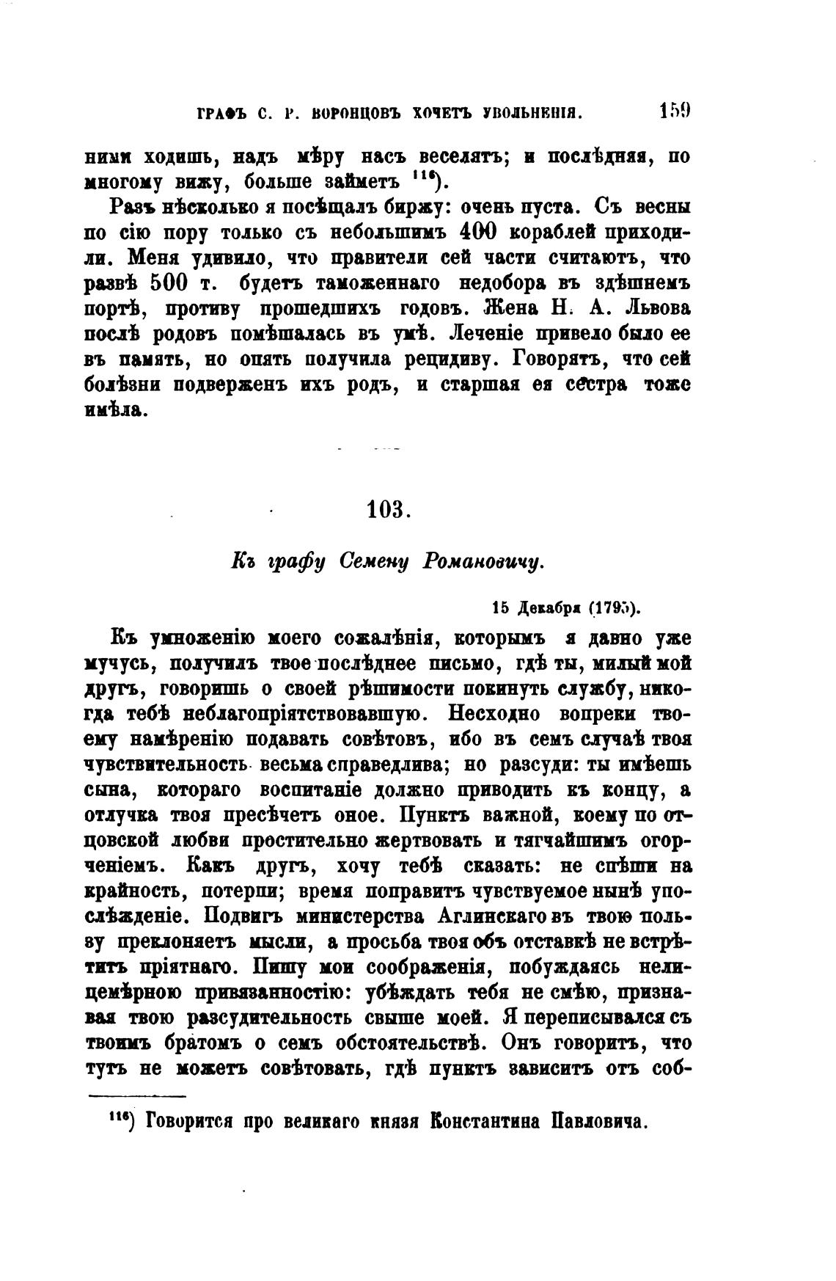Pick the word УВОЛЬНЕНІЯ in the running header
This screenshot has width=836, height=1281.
click(x=531, y=114)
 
